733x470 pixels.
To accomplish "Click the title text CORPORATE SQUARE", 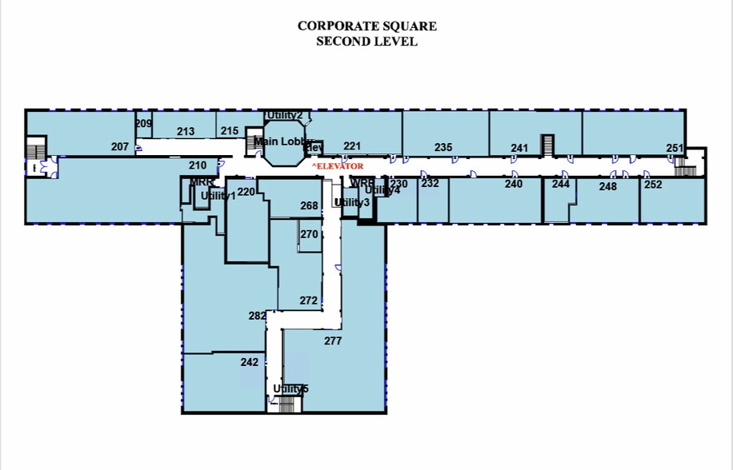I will point(366,26).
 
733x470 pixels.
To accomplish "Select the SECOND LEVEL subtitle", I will point(366,42).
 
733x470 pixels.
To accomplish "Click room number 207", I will point(120,147).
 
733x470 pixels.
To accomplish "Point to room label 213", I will point(186,132).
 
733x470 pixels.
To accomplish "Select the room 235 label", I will point(443,148).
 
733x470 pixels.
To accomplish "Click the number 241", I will point(519,148).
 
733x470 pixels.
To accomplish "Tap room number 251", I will point(675,148).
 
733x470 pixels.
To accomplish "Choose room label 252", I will point(653,185).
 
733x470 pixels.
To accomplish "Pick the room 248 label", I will point(608,187).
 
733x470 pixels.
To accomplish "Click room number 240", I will point(513,184).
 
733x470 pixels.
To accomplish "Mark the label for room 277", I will point(333,341).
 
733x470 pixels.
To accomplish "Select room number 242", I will point(250,362).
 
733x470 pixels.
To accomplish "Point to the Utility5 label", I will point(290,389).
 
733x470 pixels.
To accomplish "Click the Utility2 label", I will point(285,115).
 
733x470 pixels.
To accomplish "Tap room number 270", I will point(309,235).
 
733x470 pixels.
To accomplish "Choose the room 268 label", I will point(309,206).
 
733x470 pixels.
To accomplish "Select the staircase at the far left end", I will point(35,149).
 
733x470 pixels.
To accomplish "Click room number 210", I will point(198,165).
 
